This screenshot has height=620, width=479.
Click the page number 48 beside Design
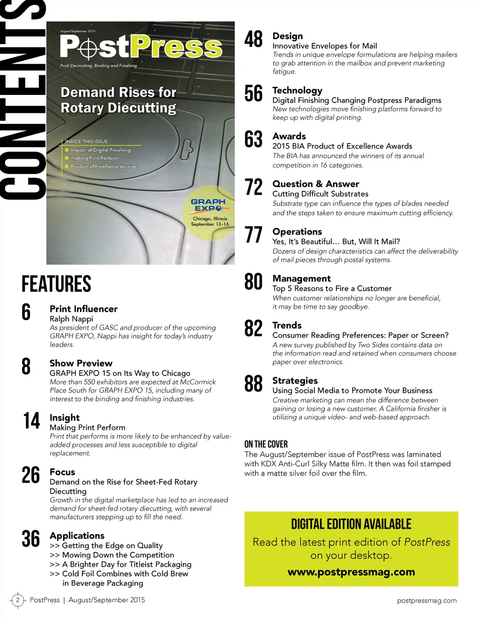(x=254, y=39)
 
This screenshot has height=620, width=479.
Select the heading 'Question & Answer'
(x=316, y=184)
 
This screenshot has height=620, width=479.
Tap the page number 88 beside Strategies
(x=254, y=384)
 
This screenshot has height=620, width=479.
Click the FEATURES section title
(x=56, y=284)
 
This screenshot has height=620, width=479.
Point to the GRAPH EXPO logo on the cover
(x=208, y=205)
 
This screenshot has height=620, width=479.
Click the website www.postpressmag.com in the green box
(x=351, y=572)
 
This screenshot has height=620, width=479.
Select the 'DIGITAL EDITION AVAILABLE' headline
(x=351, y=524)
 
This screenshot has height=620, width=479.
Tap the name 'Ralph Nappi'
(x=72, y=319)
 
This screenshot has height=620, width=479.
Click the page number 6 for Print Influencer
(x=26, y=312)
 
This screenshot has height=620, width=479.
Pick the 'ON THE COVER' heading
(x=266, y=444)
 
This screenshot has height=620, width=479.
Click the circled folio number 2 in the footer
(x=18, y=600)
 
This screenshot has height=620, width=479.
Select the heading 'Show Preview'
(x=81, y=363)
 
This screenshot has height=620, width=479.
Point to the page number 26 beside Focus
(x=31, y=475)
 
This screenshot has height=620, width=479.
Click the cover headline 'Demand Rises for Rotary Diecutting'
(x=118, y=100)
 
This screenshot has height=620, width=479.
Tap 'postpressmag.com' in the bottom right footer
(x=427, y=600)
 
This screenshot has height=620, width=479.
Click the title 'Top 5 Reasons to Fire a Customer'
(x=332, y=288)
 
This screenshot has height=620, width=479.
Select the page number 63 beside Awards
(x=254, y=139)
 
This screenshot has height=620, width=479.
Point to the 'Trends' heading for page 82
(x=287, y=325)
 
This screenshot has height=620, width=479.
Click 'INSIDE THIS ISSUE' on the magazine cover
(x=87, y=141)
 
